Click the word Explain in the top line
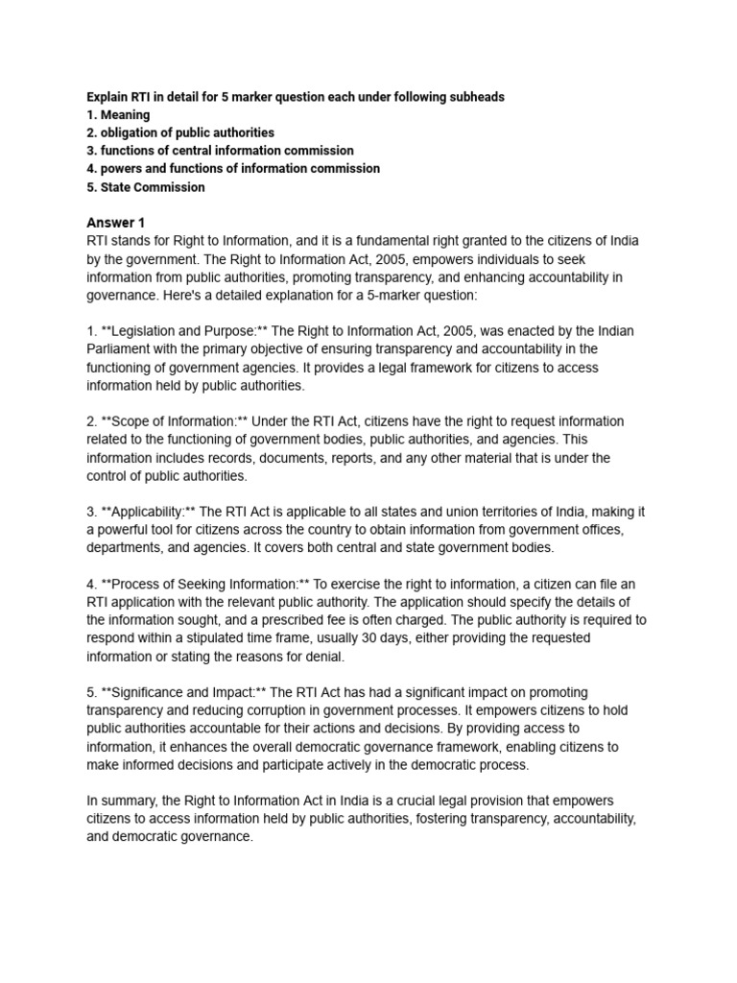107,97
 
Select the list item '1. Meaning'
118,115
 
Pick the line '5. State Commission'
145,187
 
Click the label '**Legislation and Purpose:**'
178,331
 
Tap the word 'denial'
321,657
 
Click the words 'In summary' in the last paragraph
123,801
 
